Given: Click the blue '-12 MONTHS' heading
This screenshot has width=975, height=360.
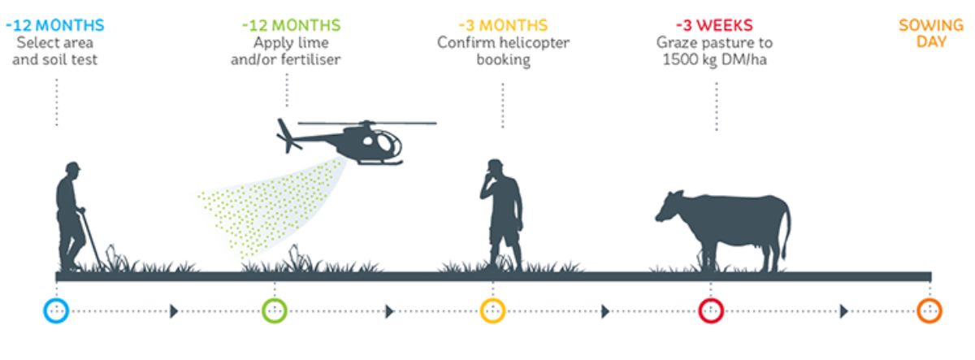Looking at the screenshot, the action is [55, 25].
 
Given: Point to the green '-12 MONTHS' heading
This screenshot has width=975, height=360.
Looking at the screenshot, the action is [291, 25].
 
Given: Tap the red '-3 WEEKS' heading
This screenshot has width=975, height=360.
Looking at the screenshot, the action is [714, 25].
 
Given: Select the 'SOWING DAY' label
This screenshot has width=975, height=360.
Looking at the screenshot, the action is [931, 33].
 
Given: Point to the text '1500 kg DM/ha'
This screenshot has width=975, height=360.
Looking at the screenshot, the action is [714, 59].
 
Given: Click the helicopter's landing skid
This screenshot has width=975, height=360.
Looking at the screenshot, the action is [379, 163].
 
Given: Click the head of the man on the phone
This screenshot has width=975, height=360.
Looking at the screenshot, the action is [495, 167].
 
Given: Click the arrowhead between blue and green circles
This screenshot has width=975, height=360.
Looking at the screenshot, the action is [174, 311].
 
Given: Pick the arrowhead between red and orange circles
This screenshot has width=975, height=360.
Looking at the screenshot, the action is [844, 311].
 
